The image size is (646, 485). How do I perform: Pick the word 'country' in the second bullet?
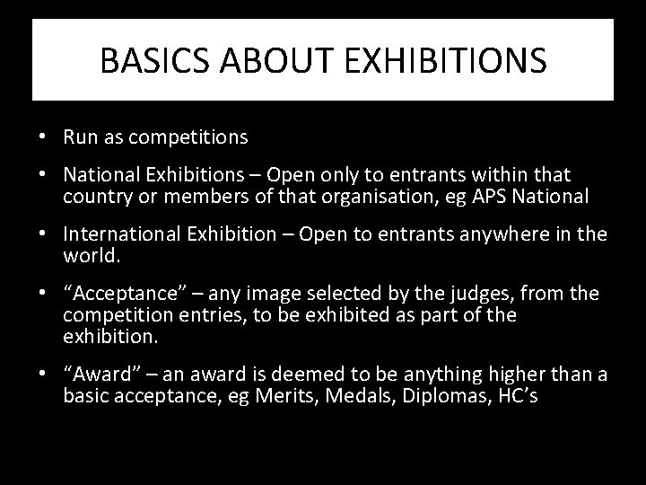[95, 196]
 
